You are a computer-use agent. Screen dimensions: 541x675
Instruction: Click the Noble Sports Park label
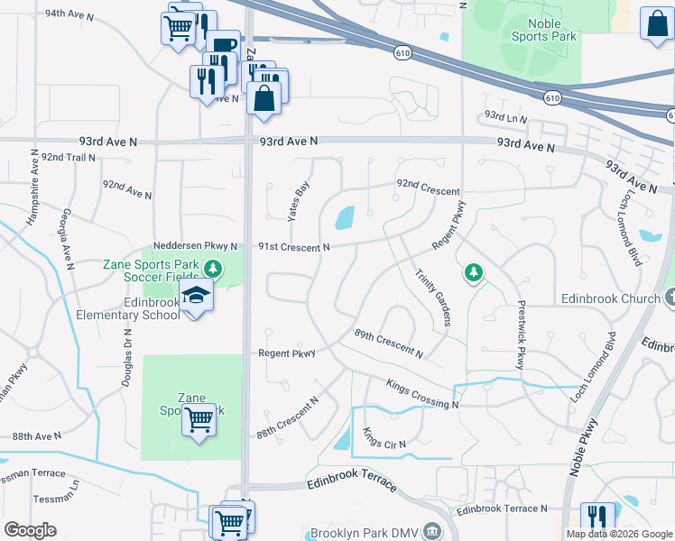click(x=543, y=29)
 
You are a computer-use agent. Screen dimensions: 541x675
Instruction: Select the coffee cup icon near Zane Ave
click(x=223, y=45)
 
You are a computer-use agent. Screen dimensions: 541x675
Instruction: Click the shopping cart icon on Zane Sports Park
click(x=199, y=418)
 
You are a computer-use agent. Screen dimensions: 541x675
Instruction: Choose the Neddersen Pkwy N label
click(x=195, y=246)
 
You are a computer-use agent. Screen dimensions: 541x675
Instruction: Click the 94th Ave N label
click(x=70, y=14)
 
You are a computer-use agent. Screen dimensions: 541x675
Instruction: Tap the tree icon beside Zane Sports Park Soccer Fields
click(x=212, y=268)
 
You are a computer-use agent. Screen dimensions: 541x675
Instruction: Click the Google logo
click(x=30, y=529)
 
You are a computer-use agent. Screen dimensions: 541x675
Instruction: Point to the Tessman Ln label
click(x=56, y=500)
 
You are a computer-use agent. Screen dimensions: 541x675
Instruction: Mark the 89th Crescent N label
click(x=388, y=342)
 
